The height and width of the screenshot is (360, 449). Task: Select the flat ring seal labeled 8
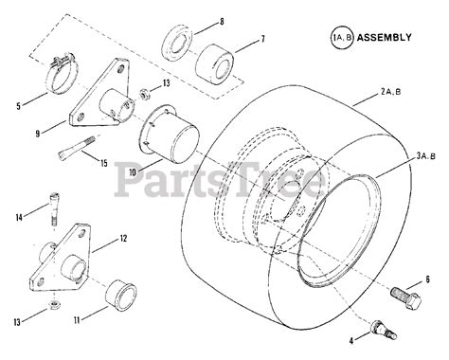177,45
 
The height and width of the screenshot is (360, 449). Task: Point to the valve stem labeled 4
385,330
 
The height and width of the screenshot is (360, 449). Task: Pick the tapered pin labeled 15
76,147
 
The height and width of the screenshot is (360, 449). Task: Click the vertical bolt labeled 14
54,209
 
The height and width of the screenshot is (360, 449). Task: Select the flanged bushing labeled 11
120,294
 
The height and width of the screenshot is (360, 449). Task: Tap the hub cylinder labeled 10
170,135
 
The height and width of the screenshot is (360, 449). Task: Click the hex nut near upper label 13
146,94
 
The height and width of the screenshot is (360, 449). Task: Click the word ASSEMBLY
385,37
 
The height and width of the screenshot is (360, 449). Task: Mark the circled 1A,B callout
342,37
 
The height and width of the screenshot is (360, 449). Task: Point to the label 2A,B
390,92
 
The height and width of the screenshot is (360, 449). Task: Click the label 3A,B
425,155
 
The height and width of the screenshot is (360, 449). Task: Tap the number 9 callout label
38,134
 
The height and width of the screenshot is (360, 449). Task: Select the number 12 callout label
123,239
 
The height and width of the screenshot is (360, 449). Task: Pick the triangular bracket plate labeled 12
61,259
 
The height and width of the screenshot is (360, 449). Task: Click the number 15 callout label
104,163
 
